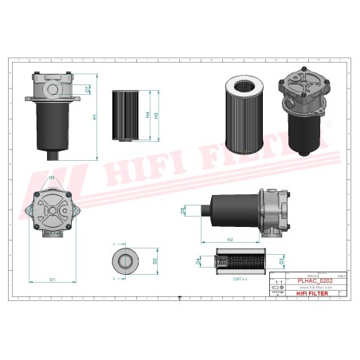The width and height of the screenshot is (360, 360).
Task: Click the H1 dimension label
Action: tap(95, 116)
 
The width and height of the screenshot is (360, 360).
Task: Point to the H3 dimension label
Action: tap(157, 114)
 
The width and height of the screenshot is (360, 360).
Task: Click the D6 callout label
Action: tap(51, 177)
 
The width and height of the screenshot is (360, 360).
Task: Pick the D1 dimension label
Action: tap(53, 280)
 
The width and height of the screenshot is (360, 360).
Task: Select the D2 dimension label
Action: tap(155, 260)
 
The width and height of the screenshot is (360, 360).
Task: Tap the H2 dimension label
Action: tap(229, 239)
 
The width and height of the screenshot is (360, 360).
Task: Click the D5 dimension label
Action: tap(182, 210)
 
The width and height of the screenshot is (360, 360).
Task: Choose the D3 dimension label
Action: tap(281, 260)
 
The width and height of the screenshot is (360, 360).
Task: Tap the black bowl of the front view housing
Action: tap(53, 127)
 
